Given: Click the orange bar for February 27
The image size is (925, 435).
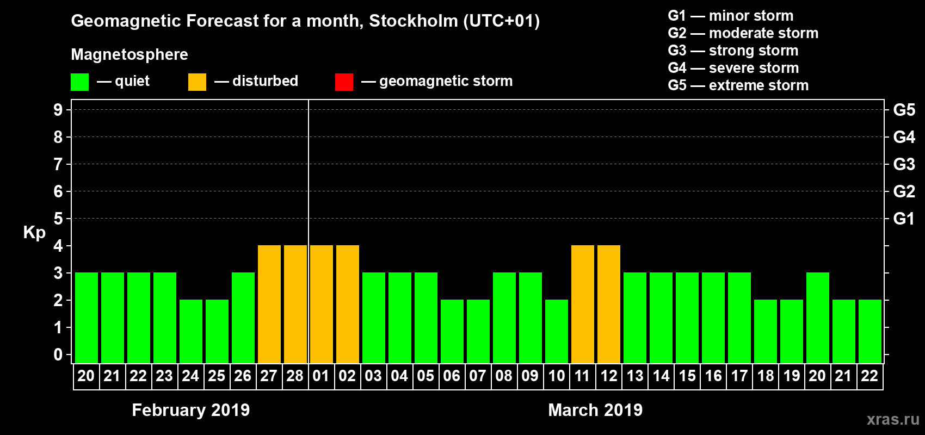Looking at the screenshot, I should coord(269,304).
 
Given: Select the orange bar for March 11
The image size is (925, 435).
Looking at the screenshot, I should coord(583,304).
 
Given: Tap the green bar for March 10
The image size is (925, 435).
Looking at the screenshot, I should coord(557,331).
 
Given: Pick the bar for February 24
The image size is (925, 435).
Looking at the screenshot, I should coord(191,331).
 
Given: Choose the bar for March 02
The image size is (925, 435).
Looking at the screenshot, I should coord(348,304).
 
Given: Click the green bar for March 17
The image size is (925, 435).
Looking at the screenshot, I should coord(739,318).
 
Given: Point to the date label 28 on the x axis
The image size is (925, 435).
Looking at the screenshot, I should coord(295,376).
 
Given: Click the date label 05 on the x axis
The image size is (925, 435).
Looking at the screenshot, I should coord(425,376).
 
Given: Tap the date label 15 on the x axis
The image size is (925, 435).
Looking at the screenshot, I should coord(687,376).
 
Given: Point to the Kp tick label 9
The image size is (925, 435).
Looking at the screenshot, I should coord(58,110).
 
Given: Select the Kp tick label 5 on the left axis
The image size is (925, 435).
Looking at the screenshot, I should coord(58,219).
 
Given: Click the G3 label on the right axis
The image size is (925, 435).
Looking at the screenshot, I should coord(904,164).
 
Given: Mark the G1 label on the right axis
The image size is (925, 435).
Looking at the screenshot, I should coord(904,219).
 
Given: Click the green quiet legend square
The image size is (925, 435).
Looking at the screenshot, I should coord(79,82).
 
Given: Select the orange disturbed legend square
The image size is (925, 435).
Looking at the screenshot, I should coord(197,82).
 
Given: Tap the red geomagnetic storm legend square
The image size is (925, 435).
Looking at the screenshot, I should coord(344,82).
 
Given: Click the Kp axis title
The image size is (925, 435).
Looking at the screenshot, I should coord(34,232).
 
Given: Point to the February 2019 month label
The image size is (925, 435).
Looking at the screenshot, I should coord(190,410).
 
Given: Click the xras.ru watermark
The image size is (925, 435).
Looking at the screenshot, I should coord(893,419).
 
